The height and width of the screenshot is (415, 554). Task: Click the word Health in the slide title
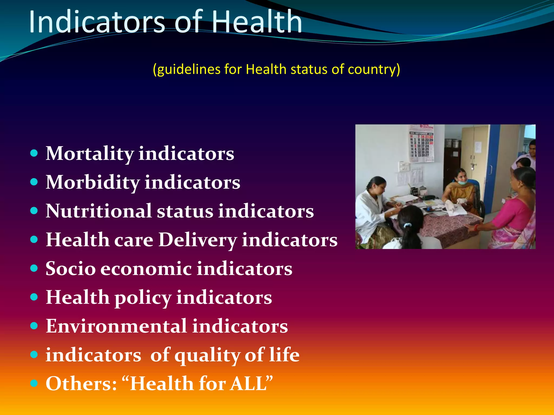click(x=256, y=22)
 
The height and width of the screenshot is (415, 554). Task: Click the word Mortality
click(x=90, y=153)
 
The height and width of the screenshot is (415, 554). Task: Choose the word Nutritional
click(x=98, y=211)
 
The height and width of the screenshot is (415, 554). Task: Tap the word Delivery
click(x=197, y=240)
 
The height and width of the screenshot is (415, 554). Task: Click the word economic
click(x=146, y=269)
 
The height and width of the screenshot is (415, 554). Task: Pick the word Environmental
click(x=116, y=326)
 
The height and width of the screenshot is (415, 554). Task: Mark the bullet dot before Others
click(x=34, y=383)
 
